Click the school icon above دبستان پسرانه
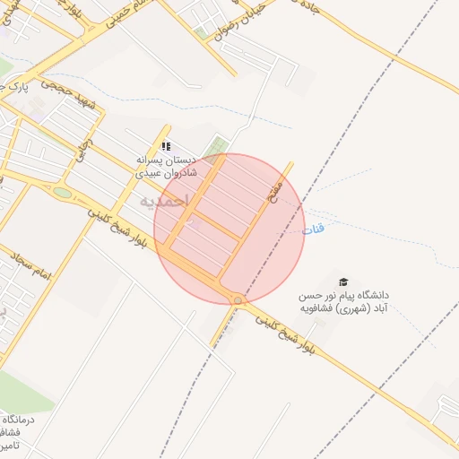point(165,145)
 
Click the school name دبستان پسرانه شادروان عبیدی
point(165,166)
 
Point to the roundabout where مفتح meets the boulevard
point(238,300)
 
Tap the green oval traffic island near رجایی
point(62,192)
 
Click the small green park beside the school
point(214,146)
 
